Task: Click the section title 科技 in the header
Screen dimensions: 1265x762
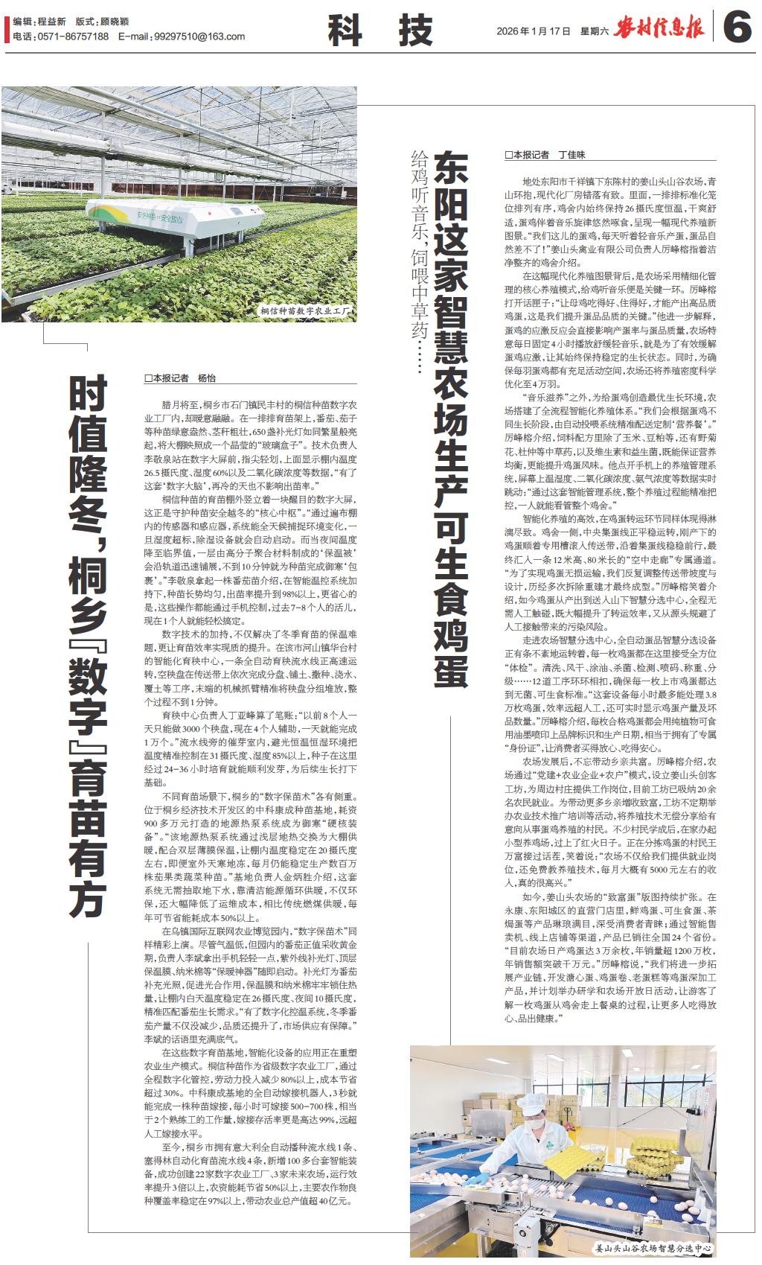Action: [x=380, y=31]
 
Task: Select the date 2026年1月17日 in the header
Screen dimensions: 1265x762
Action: [x=534, y=31]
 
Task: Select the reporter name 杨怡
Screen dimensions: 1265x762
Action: [x=206, y=378]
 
